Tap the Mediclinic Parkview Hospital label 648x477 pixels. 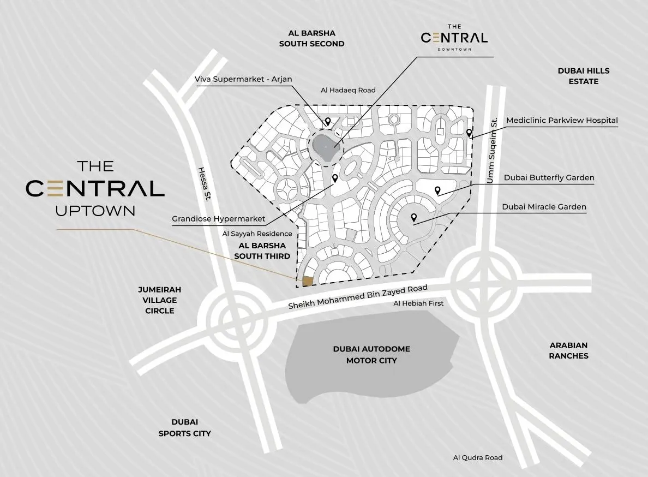(562, 120)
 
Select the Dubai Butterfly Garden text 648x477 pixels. (549, 178)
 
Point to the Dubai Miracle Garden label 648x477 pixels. (544, 207)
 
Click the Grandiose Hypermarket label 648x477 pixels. (218, 219)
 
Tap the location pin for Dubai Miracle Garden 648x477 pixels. (414, 217)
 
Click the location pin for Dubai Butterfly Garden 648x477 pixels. (437, 190)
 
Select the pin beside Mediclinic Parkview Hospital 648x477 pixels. (469, 133)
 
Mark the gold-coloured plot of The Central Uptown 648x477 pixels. (308, 281)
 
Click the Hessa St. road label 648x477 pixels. (204, 184)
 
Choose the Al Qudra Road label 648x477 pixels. (477, 457)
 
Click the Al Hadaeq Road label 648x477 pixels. (348, 90)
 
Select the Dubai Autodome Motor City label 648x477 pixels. (371, 355)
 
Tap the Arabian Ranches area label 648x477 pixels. (568, 350)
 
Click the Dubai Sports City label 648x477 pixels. (184, 427)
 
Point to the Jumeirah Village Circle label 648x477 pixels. (160, 300)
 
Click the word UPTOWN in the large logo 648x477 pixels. (95, 210)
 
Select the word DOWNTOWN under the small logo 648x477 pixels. (454, 50)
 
